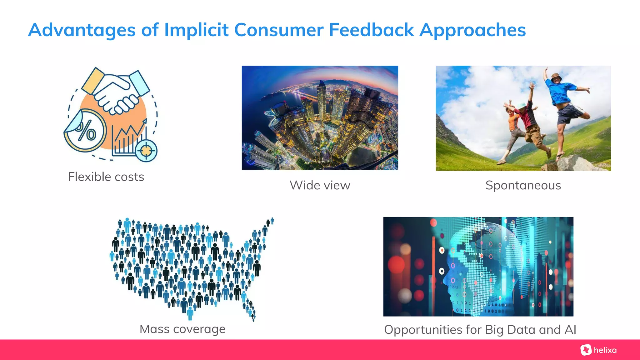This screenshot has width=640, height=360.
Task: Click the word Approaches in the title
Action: (472, 30)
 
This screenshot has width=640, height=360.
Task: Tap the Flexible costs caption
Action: (106, 177)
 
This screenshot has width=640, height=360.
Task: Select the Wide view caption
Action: (320, 185)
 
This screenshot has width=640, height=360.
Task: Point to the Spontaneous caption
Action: (523, 185)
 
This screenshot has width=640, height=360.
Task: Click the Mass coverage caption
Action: (182, 329)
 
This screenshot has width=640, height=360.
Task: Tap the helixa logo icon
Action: (586, 350)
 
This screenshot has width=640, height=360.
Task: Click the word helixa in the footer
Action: (605, 350)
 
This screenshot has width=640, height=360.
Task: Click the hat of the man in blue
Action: (556, 76)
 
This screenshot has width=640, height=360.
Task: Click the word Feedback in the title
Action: (371, 30)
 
